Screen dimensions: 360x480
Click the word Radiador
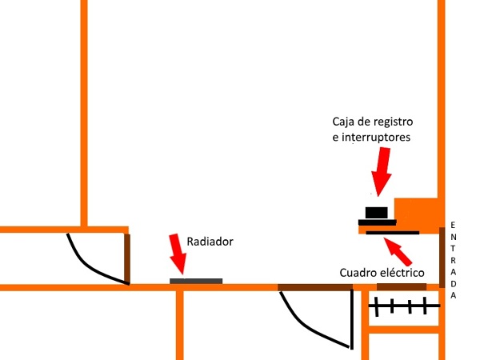click(210, 241)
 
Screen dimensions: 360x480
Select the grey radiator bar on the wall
click(196, 280)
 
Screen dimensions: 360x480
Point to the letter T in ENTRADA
click(453, 249)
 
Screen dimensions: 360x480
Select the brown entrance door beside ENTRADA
click(442, 258)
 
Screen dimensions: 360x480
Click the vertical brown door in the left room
click(127, 258)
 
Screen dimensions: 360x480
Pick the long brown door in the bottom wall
click(315, 287)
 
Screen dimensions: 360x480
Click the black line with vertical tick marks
click(405, 305)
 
